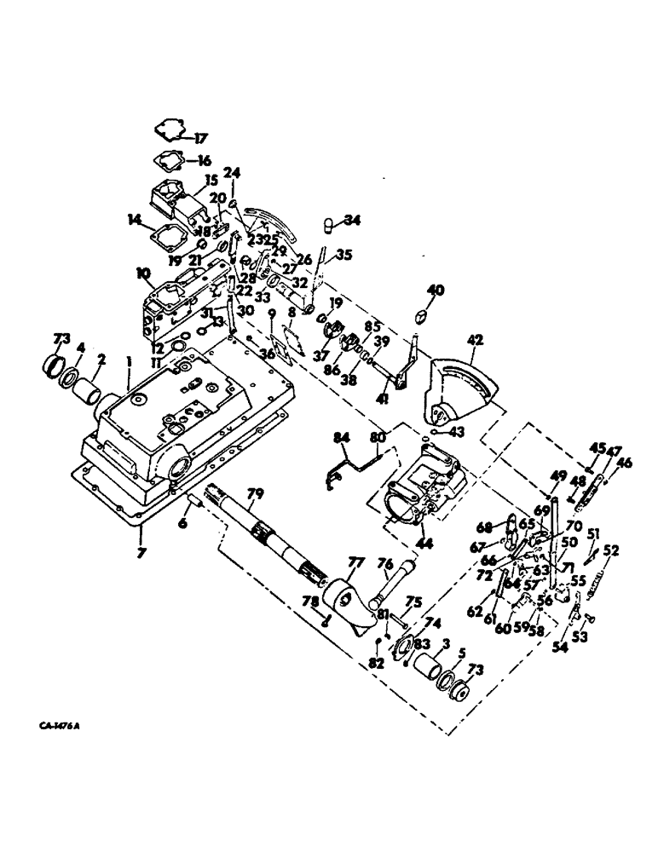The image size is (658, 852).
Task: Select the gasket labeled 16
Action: point(168,158)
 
